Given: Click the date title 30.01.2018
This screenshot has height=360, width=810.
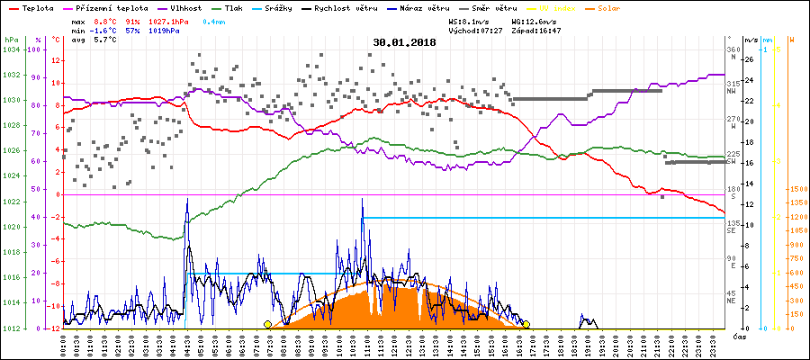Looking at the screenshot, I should (x=405, y=42).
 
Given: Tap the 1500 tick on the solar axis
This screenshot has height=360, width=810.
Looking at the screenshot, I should (x=796, y=189).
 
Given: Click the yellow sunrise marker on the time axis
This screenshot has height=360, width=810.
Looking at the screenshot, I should (x=267, y=324).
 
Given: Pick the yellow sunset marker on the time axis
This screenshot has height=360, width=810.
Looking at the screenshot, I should (x=526, y=324).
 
